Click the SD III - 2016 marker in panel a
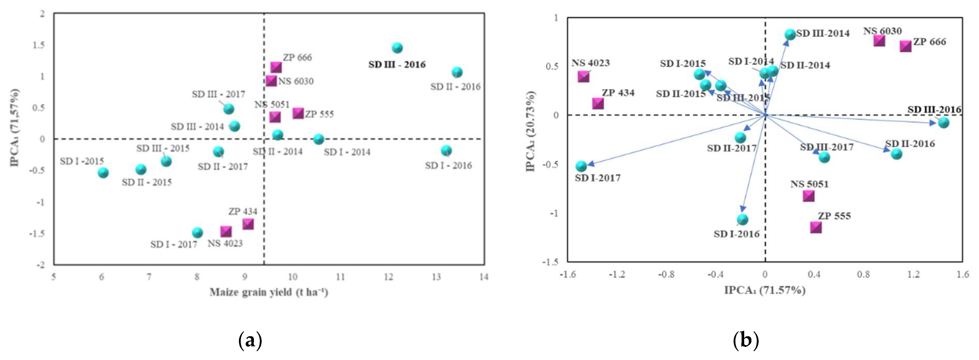[397, 48]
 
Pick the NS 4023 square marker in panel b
[583, 77]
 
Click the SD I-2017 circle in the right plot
[581, 166]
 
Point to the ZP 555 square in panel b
[815, 227]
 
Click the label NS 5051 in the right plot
[809, 184]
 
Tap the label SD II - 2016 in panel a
[455, 87]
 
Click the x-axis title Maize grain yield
[269, 292]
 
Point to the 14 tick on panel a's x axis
[483, 277]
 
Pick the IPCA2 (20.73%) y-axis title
[531, 131]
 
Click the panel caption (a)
[250, 341]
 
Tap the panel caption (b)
[746, 341]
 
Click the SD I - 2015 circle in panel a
[103, 173]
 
